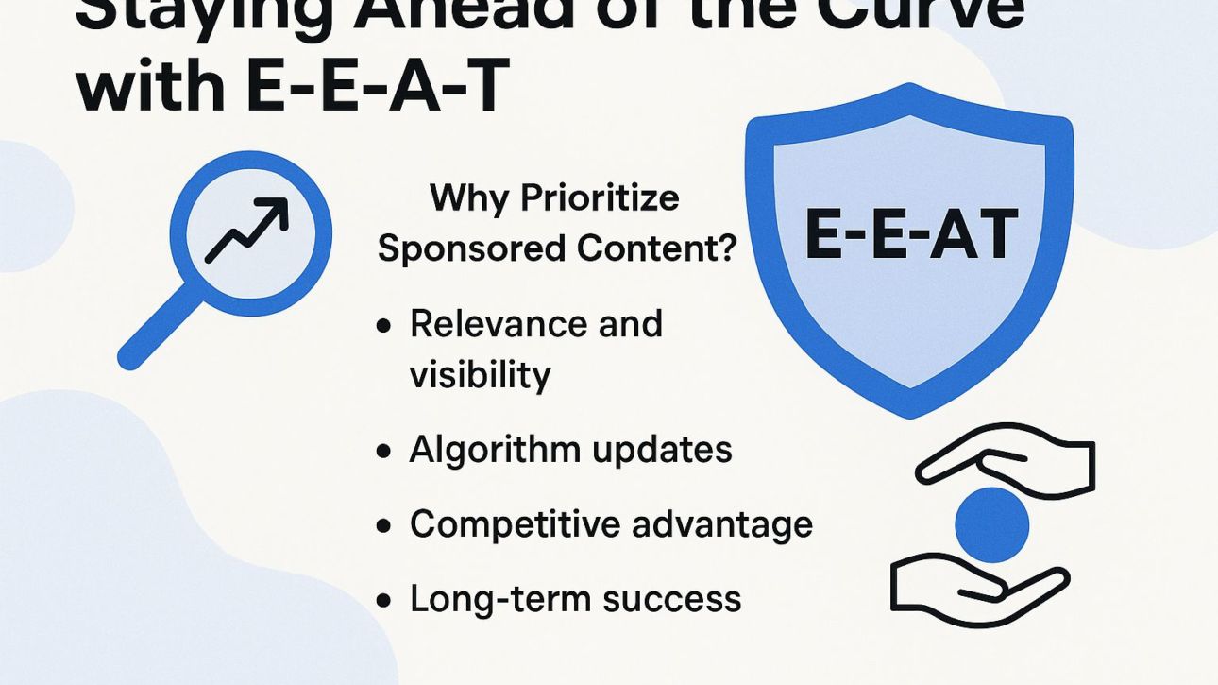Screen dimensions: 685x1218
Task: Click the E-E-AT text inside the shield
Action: point(910,235)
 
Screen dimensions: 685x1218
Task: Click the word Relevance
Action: point(485,324)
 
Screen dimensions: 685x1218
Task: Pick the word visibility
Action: point(480,375)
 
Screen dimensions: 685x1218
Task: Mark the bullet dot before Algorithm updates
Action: point(383,452)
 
